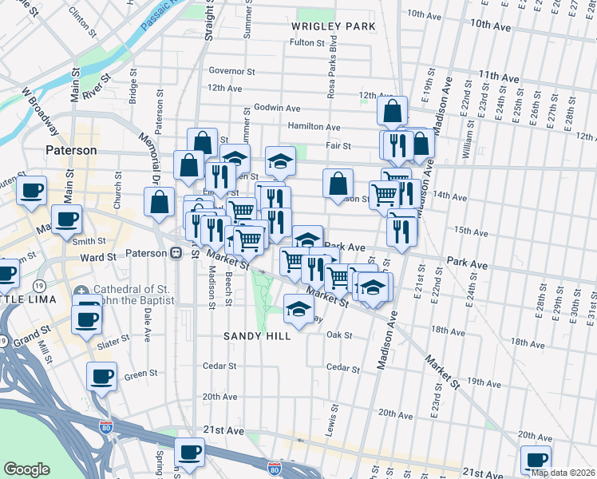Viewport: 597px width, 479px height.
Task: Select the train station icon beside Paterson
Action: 176,253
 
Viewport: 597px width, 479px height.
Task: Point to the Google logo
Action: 26,469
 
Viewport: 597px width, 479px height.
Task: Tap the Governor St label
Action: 231,71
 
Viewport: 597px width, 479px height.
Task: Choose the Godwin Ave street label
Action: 277,108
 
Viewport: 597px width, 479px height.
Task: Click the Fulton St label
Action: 308,43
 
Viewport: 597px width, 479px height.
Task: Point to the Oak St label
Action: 338,335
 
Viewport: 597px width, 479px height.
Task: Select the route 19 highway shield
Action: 38,285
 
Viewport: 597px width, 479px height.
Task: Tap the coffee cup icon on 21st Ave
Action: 189,452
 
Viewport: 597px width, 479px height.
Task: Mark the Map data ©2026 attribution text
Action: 562,472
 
